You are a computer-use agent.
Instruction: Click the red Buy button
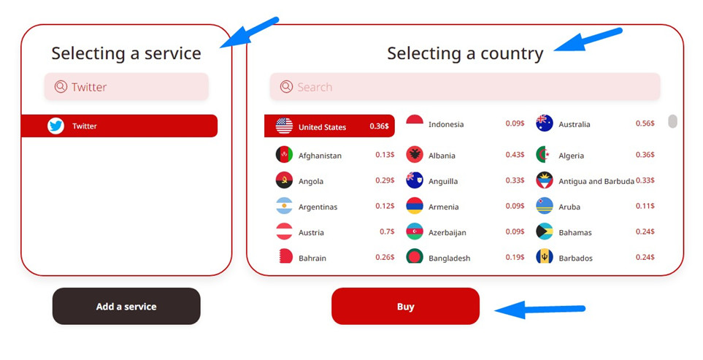click(x=405, y=306)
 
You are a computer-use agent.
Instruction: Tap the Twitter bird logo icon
click(x=56, y=126)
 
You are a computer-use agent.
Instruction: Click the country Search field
click(x=465, y=86)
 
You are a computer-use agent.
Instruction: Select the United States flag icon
click(x=284, y=126)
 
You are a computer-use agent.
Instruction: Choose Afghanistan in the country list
click(x=320, y=156)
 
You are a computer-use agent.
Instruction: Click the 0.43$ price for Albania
click(x=515, y=155)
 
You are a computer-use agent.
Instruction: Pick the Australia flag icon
click(x=545, y=123)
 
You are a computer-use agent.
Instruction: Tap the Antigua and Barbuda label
click(x=596, y=181)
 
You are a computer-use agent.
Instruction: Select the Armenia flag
click(x=415, y=206)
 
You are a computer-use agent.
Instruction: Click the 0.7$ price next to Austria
click(x=387, y=231)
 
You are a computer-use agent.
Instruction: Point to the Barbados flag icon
click(x=545, y=256)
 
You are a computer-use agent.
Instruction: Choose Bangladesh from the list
click(x=449, y=258)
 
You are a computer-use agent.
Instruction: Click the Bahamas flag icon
click(x=545, y=231)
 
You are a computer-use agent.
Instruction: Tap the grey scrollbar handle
click(x=672, y=121)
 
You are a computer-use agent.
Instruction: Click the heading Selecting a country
click(x=465, y=53)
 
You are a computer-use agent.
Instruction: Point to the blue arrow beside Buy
click(x=539, y=310)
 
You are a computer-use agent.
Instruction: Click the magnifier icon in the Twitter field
click(x=61, y=86)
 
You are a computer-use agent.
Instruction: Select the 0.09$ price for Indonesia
click(x=515, y=123)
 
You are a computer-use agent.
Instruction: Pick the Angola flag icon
click(x=284, y=180)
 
